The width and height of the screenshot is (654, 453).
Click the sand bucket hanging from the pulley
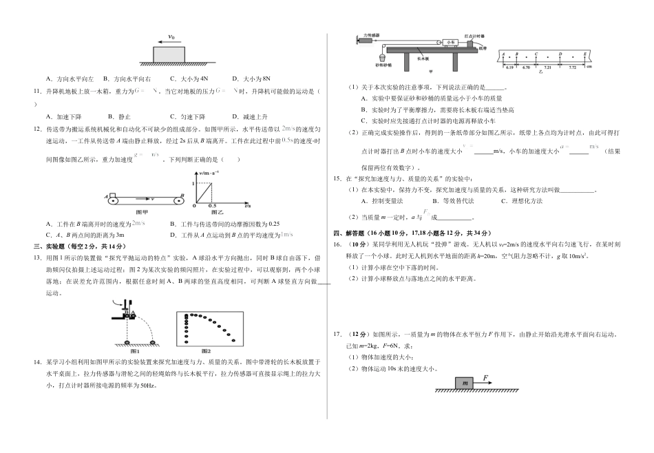(x=383, y=57)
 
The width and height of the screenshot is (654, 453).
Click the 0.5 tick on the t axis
(x=211, y=206)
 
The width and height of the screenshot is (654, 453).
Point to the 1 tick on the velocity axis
(x=195, y=181)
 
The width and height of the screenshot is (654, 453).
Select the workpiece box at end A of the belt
(x=112, y=196)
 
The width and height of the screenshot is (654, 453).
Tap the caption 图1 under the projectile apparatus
(x=135, y=350)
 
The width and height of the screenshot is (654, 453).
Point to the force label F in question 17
(x=485, y=377)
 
